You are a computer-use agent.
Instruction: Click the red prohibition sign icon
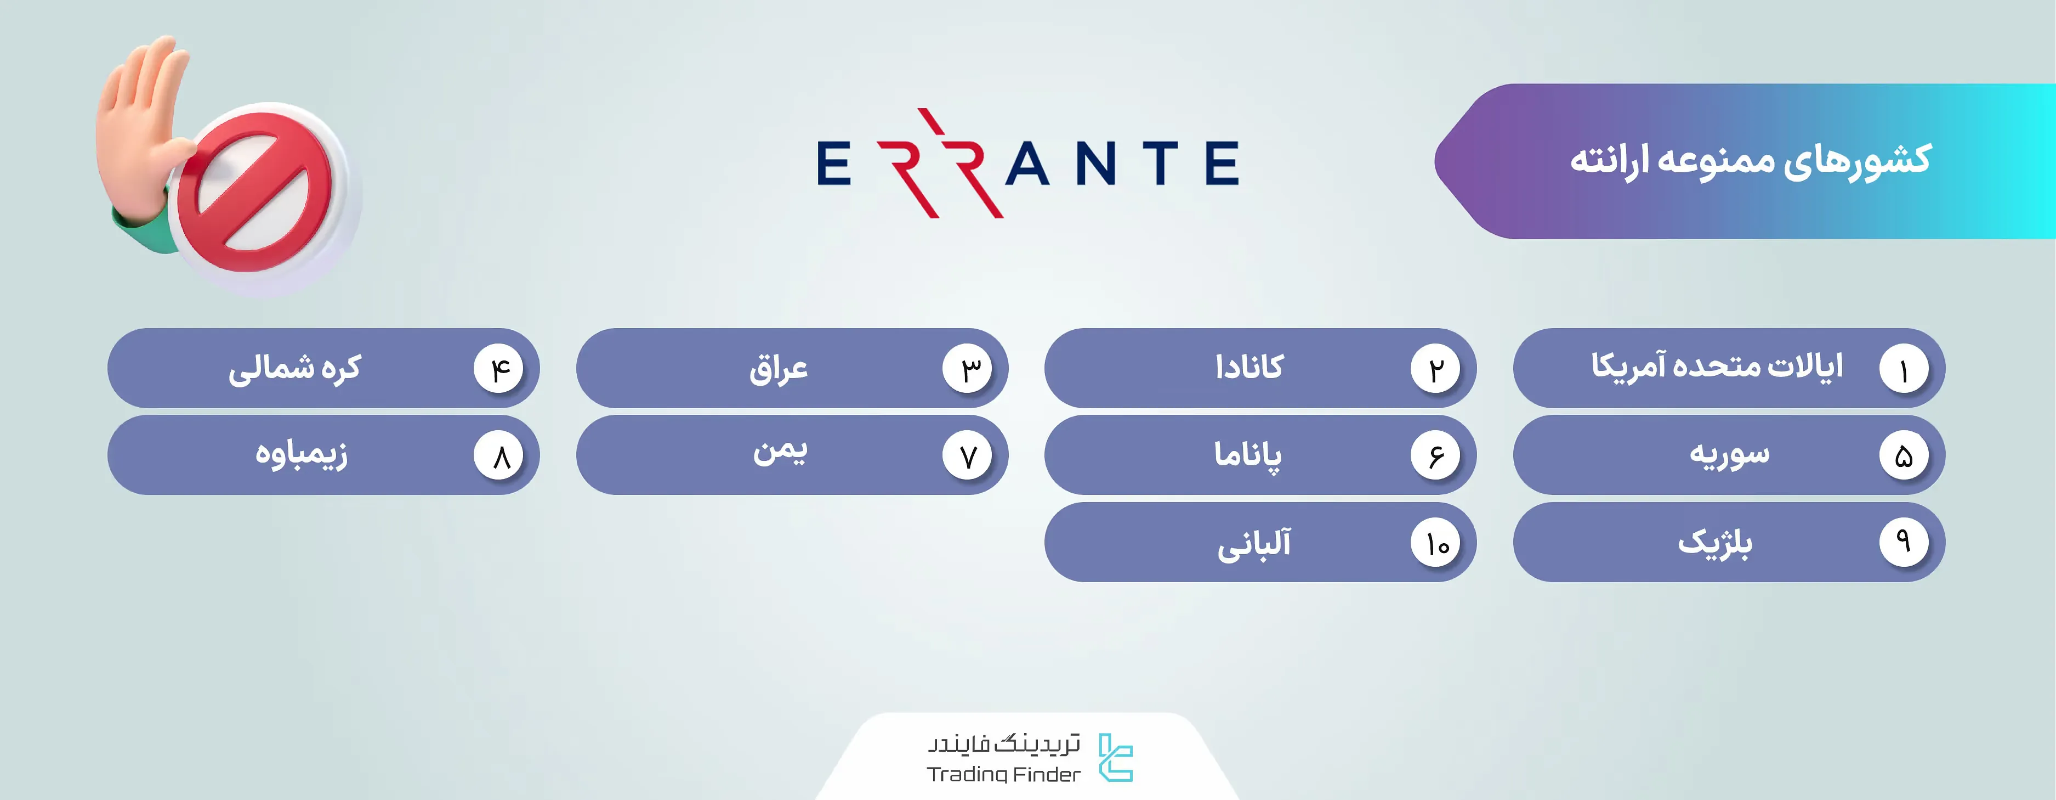(254, 200)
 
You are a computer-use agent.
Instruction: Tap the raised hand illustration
(144, 136)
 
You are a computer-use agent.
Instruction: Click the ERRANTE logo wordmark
(1028, 163)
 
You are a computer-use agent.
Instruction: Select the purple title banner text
(1750, 160)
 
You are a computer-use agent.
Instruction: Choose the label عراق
(778, 369)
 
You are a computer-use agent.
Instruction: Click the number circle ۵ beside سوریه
(1904, 456)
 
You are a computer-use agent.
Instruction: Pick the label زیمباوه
(301, 454)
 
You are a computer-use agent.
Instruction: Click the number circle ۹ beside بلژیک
(1904, 543)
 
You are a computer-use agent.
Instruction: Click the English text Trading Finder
(1003, 774)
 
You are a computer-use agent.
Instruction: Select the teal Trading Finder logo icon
(1116, 758)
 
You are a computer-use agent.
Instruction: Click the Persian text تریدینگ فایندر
(1003, 744)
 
